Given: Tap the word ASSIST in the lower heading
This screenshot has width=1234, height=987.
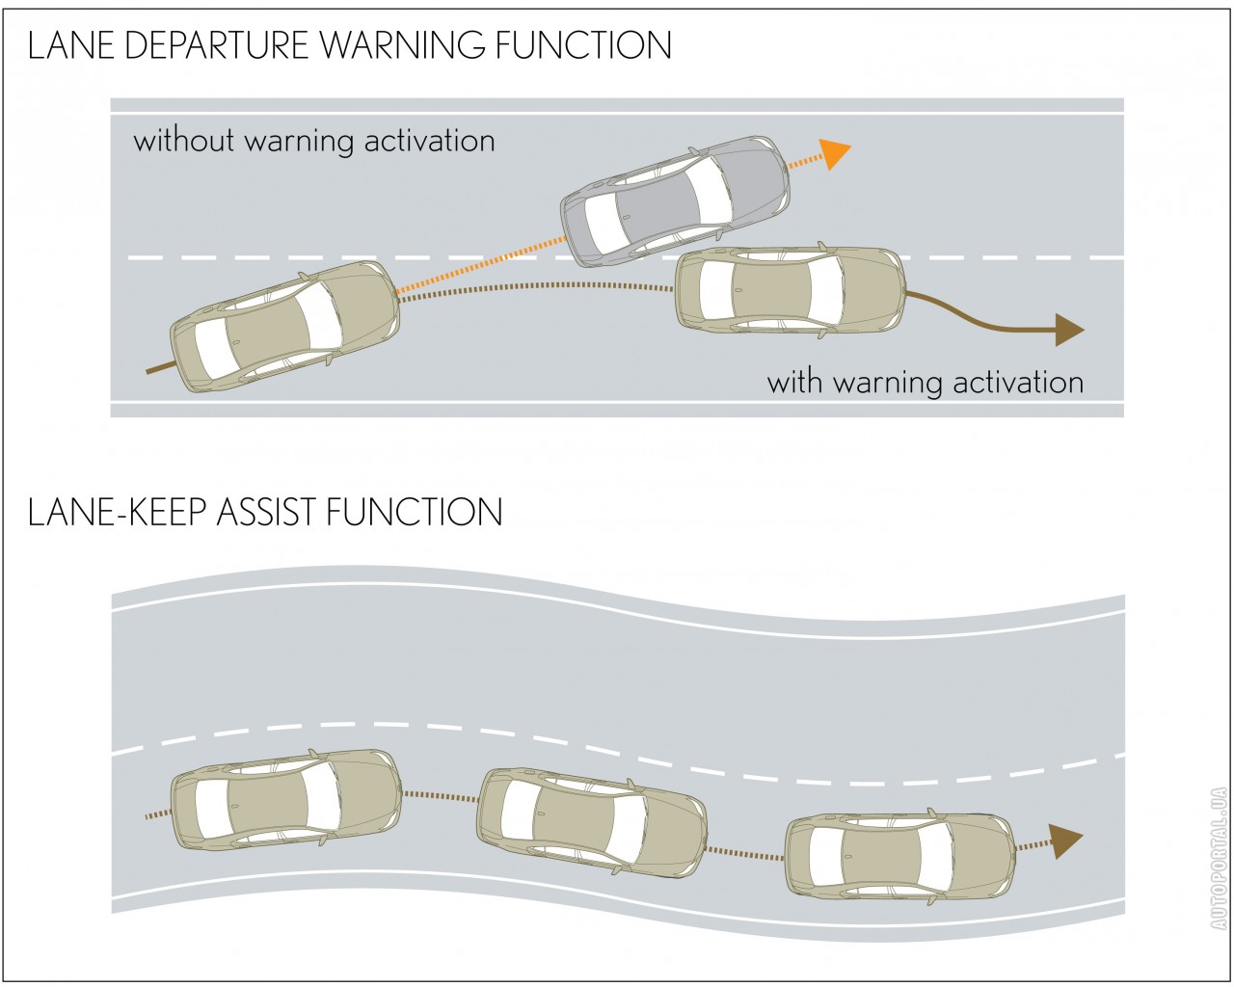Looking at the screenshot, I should point(268,512).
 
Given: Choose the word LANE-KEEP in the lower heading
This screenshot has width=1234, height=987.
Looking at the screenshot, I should point(117,512).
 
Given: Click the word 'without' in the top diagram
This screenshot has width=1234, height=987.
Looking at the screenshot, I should point(184,141).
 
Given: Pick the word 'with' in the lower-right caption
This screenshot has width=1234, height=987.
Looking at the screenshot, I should point(796,383).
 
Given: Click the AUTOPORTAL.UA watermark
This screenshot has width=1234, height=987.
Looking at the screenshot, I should point(1219,859).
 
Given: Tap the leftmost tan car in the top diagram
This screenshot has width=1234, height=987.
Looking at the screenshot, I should point(285,326).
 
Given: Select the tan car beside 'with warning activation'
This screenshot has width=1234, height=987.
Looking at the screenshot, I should point(790,290).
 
